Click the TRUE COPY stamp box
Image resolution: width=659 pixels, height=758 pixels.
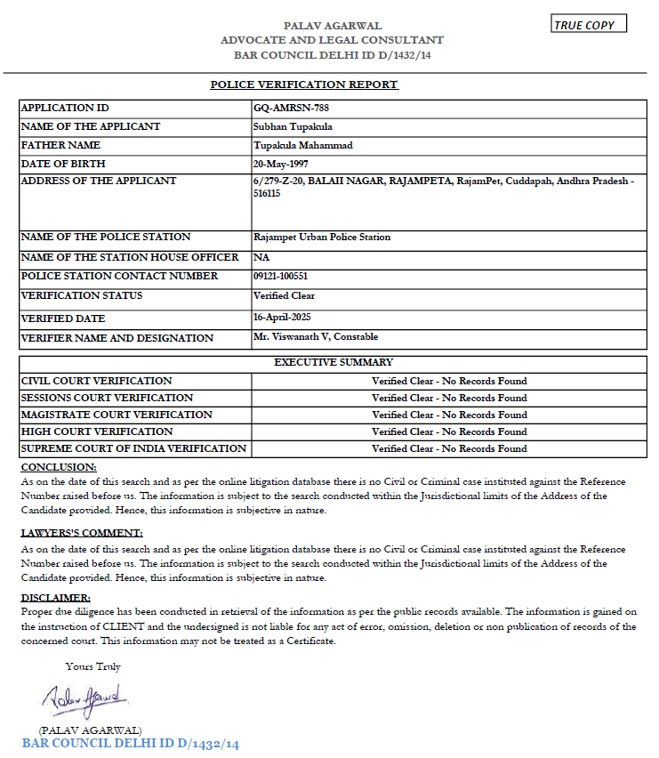point(589,24)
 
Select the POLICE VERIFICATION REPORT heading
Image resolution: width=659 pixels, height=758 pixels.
point(304,85)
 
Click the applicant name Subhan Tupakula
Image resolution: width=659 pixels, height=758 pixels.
point(293,126)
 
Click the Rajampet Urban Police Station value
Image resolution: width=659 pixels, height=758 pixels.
point(322,237)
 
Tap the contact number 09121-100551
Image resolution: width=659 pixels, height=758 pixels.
point(281,276)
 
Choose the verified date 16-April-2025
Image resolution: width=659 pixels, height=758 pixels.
point(282,317)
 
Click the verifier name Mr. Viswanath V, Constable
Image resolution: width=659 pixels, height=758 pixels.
point(316,337)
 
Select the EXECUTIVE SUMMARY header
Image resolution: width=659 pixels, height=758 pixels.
point(334,363)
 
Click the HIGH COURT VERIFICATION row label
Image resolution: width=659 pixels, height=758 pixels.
point(97,431)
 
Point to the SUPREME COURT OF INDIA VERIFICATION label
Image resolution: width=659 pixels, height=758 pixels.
point(133,448)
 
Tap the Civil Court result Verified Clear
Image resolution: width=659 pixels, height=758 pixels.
point(449,381)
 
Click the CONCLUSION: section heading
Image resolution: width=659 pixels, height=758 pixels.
point(59,467)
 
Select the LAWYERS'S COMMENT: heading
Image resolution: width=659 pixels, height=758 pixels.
point(82,533)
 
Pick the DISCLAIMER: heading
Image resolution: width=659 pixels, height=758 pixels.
point(55,598)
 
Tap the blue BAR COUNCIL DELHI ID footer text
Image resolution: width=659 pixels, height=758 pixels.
point(131,743)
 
